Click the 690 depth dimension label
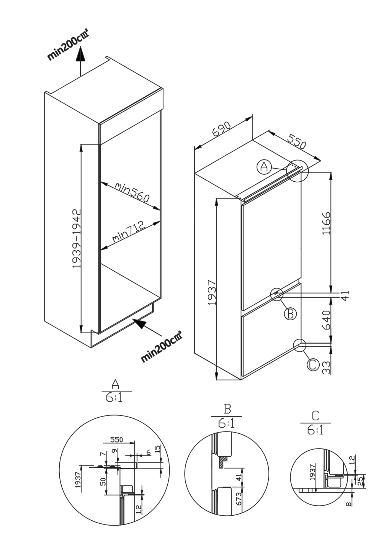[x=222, y=129]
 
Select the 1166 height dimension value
[x=326, y=223]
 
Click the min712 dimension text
[x=128, y=232]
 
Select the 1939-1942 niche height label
[x=77, y=239]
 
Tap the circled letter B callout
[x=290, y=314]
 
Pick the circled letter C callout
[x=313, y=365]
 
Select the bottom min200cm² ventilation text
[x=161, y=347]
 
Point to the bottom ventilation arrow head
[x=139, y=324]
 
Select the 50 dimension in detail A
[x=103, y=481]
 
